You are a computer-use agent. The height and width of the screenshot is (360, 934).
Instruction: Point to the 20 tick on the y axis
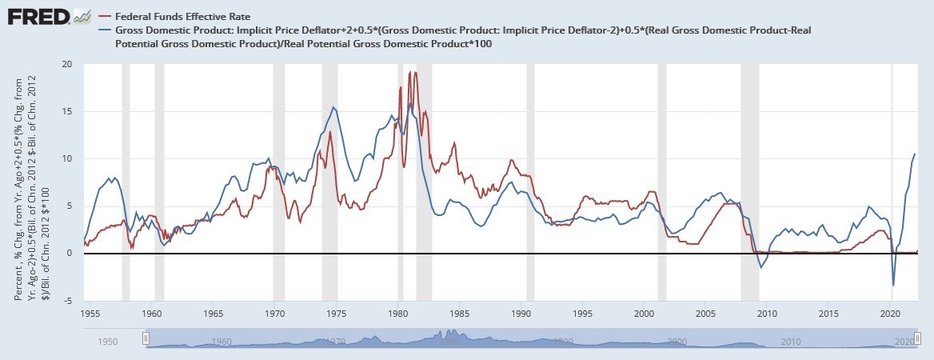67,64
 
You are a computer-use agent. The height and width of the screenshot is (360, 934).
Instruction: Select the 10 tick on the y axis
67,158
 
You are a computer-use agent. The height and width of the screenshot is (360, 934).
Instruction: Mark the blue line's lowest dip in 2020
893,285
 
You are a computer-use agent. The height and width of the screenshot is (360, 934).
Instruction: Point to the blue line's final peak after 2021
915,154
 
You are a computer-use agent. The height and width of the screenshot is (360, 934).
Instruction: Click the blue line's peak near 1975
333,107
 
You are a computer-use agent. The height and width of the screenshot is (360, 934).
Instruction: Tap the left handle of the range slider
146,339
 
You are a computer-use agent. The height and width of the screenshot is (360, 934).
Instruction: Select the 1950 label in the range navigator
108,342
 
